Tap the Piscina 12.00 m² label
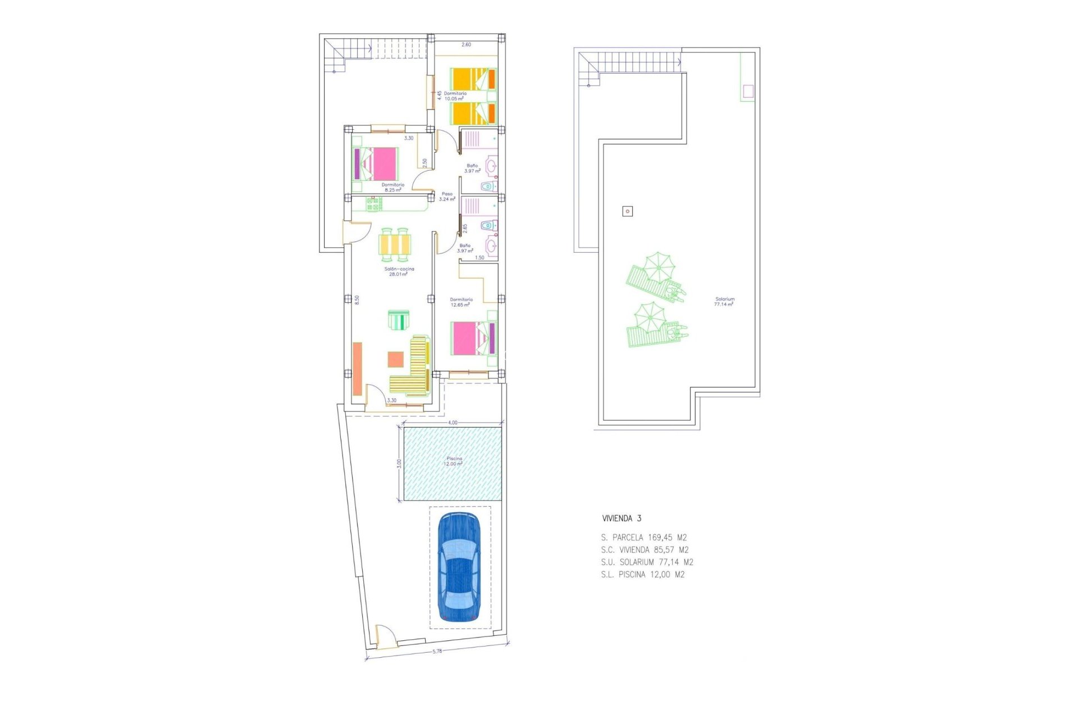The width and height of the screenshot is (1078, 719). pos(453,461)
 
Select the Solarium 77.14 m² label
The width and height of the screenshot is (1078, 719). pos(724,302)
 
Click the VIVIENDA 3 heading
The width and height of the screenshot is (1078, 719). pos(621,518)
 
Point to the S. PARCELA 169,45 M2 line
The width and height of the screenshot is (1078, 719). pos(643,538)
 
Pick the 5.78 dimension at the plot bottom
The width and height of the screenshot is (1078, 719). pos(437,651)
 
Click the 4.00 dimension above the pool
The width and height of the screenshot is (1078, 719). pos(453,422)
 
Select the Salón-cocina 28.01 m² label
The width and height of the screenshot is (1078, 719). pos(399,271)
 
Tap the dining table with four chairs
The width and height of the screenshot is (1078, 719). pos(395,245)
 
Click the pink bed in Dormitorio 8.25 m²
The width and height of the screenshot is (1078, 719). pos(377,164)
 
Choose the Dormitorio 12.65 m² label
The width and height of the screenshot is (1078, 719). pos(461,302)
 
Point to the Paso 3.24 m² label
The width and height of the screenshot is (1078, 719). pos(447,197)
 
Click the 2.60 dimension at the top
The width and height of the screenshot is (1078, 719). pos(466,44)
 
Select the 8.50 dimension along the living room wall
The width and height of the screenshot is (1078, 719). pos(357,300)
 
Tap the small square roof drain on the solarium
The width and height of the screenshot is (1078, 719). pos(628,211)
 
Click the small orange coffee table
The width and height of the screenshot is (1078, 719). pos(395,359)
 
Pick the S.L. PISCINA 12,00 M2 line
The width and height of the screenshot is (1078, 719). pos(642,575)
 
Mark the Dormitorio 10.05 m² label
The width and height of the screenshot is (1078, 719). pos(455,96)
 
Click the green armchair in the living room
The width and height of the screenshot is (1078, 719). pos(399,320)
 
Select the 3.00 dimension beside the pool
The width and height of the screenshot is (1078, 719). pos(399,463)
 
